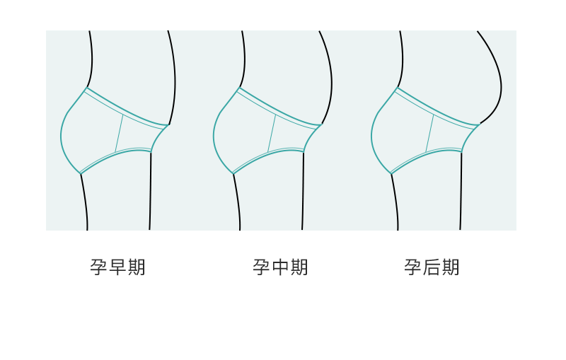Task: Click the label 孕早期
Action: click(x=117, y=267)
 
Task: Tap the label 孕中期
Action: click(x=280, y=267)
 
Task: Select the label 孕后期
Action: click(x=432, y=267)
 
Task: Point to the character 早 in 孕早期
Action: click(x=117, y=267)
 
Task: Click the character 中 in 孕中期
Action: click(x=280, y=267)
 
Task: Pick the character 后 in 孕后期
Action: click(x=432, y=267)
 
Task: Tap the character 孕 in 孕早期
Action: click(x=98, y=267)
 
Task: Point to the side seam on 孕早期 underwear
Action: click(x=120, y=133)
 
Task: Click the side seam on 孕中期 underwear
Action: click(x=272, y=133)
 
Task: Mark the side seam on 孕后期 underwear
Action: click(x=429, y=133)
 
